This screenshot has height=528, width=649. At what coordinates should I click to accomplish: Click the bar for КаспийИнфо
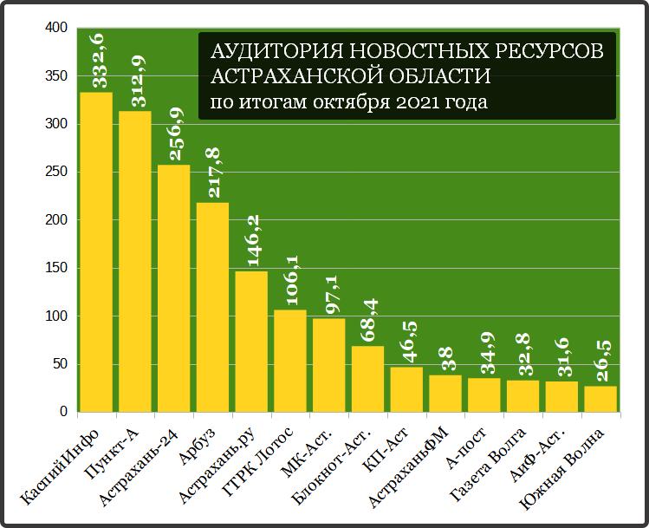[x=96, y=251]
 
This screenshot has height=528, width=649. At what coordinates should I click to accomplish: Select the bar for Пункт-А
[x=135, y=261]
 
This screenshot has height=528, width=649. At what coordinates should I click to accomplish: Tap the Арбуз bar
[x=212, y=307]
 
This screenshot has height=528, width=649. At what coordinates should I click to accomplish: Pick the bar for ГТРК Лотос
[x=290, y=361]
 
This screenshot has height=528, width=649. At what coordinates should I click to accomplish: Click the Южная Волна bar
[x=600, y=399]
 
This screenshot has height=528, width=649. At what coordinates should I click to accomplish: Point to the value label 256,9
[x=176, y=134]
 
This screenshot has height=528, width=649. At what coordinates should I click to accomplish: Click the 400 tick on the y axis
[x=55, y=29]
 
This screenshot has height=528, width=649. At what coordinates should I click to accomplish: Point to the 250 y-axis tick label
[x=55, y=173]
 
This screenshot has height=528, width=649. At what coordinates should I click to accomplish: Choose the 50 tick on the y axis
[x=59, y=364]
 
